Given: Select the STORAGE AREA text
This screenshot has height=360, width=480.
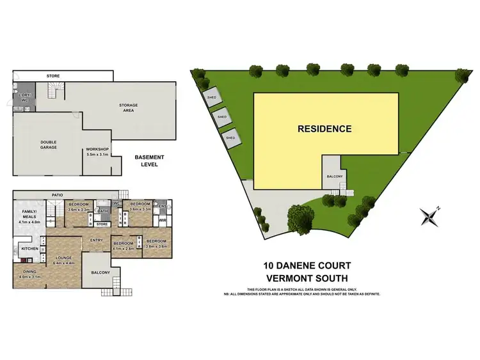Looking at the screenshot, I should (x=129, y=109).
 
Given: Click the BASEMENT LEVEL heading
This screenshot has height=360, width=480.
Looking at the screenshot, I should (x=149, y=160).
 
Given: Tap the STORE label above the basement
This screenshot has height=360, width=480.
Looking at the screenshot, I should (x=53, y=76).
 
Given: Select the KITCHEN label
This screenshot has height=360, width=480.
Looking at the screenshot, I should (x=30, y=248).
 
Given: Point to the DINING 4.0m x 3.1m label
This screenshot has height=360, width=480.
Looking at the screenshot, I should (x=30, y=274).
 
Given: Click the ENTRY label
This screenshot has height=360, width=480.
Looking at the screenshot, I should (x=97, y=240).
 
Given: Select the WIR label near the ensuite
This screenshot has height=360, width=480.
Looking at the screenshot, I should (x=162, y=221).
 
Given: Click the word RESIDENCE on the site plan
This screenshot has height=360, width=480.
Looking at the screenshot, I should (x=324, y=129).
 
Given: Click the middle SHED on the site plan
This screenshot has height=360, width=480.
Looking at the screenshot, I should (x=222, y=117).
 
